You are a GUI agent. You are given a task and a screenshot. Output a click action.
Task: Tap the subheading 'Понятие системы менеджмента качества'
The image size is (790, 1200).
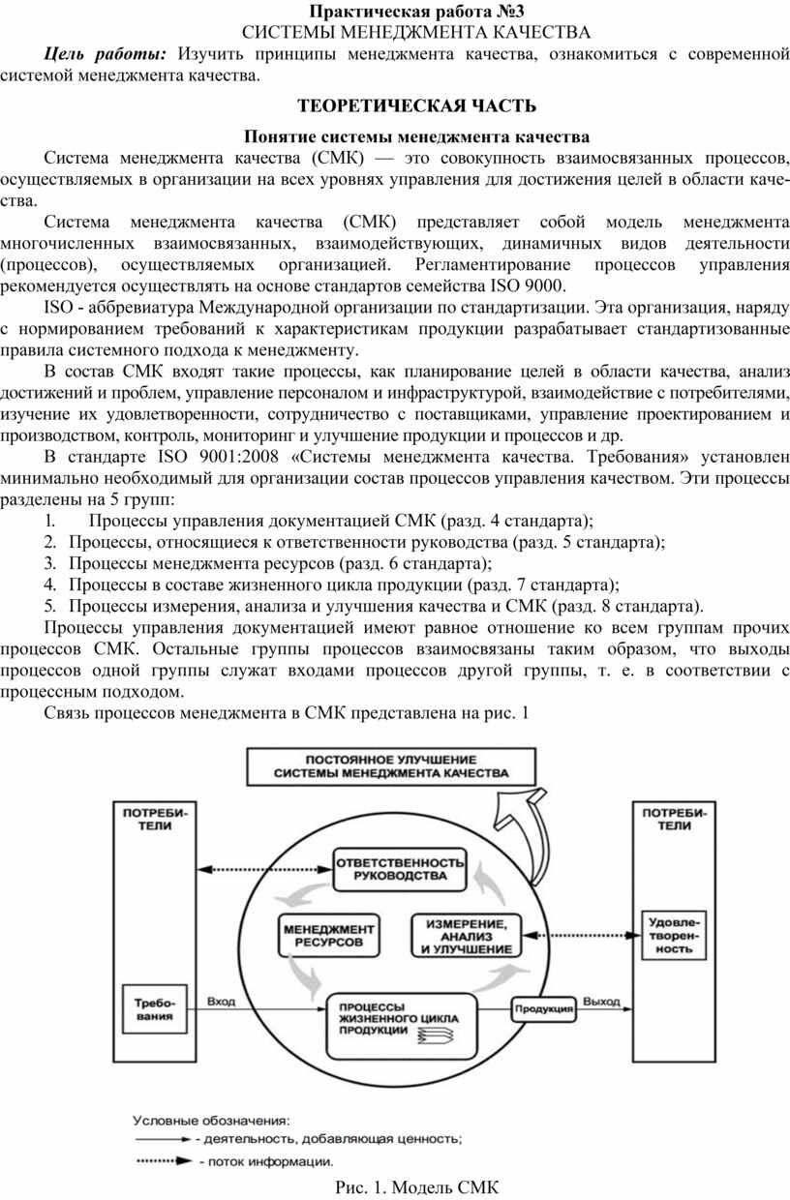click(417, 136)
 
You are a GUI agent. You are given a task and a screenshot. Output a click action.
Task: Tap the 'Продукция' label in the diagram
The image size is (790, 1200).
click(545, 1008)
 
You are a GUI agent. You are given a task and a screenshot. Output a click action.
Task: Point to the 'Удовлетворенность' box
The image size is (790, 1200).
click(671, 934)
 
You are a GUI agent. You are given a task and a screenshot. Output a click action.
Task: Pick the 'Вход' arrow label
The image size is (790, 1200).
click(222, 1002)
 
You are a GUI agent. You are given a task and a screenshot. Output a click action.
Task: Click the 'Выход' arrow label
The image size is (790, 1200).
click(600, 1002)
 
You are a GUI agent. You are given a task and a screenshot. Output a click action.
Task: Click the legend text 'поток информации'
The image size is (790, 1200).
click(265, 1160)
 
